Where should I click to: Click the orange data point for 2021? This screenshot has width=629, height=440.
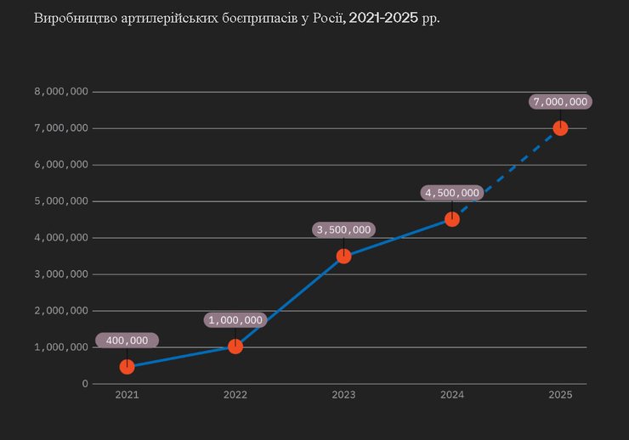point(127,366)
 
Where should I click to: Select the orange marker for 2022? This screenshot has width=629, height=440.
point(235,346)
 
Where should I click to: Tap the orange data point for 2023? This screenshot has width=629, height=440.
point(343,256)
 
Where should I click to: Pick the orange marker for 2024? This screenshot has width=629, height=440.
point(452,219)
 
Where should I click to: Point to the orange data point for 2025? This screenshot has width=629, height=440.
point(560,128)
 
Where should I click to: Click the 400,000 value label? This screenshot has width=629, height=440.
point(127,341)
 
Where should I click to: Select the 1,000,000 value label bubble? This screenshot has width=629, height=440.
point(235,320)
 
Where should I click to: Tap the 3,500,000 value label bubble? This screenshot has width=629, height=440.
point(343,229)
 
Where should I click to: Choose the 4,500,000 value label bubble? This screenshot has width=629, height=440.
point(452,193)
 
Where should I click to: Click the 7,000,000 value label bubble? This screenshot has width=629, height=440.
point(560,102)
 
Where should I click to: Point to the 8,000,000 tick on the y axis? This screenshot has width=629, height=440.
point(61,92)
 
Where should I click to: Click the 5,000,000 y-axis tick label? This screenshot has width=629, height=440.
point(61,201)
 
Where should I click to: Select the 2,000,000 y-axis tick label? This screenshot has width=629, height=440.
point(61,311)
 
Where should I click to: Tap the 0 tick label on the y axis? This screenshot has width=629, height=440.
point(84,384)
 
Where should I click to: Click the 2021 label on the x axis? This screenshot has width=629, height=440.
point(127,395)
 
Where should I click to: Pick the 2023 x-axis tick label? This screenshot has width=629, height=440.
point(343,395)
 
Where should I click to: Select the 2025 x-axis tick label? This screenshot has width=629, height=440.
point(560,395)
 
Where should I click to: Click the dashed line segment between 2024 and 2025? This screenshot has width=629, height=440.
point(507,173)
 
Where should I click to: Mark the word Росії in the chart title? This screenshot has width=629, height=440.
point(327,18)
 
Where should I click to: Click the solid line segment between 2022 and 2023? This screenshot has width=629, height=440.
point(289,301)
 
